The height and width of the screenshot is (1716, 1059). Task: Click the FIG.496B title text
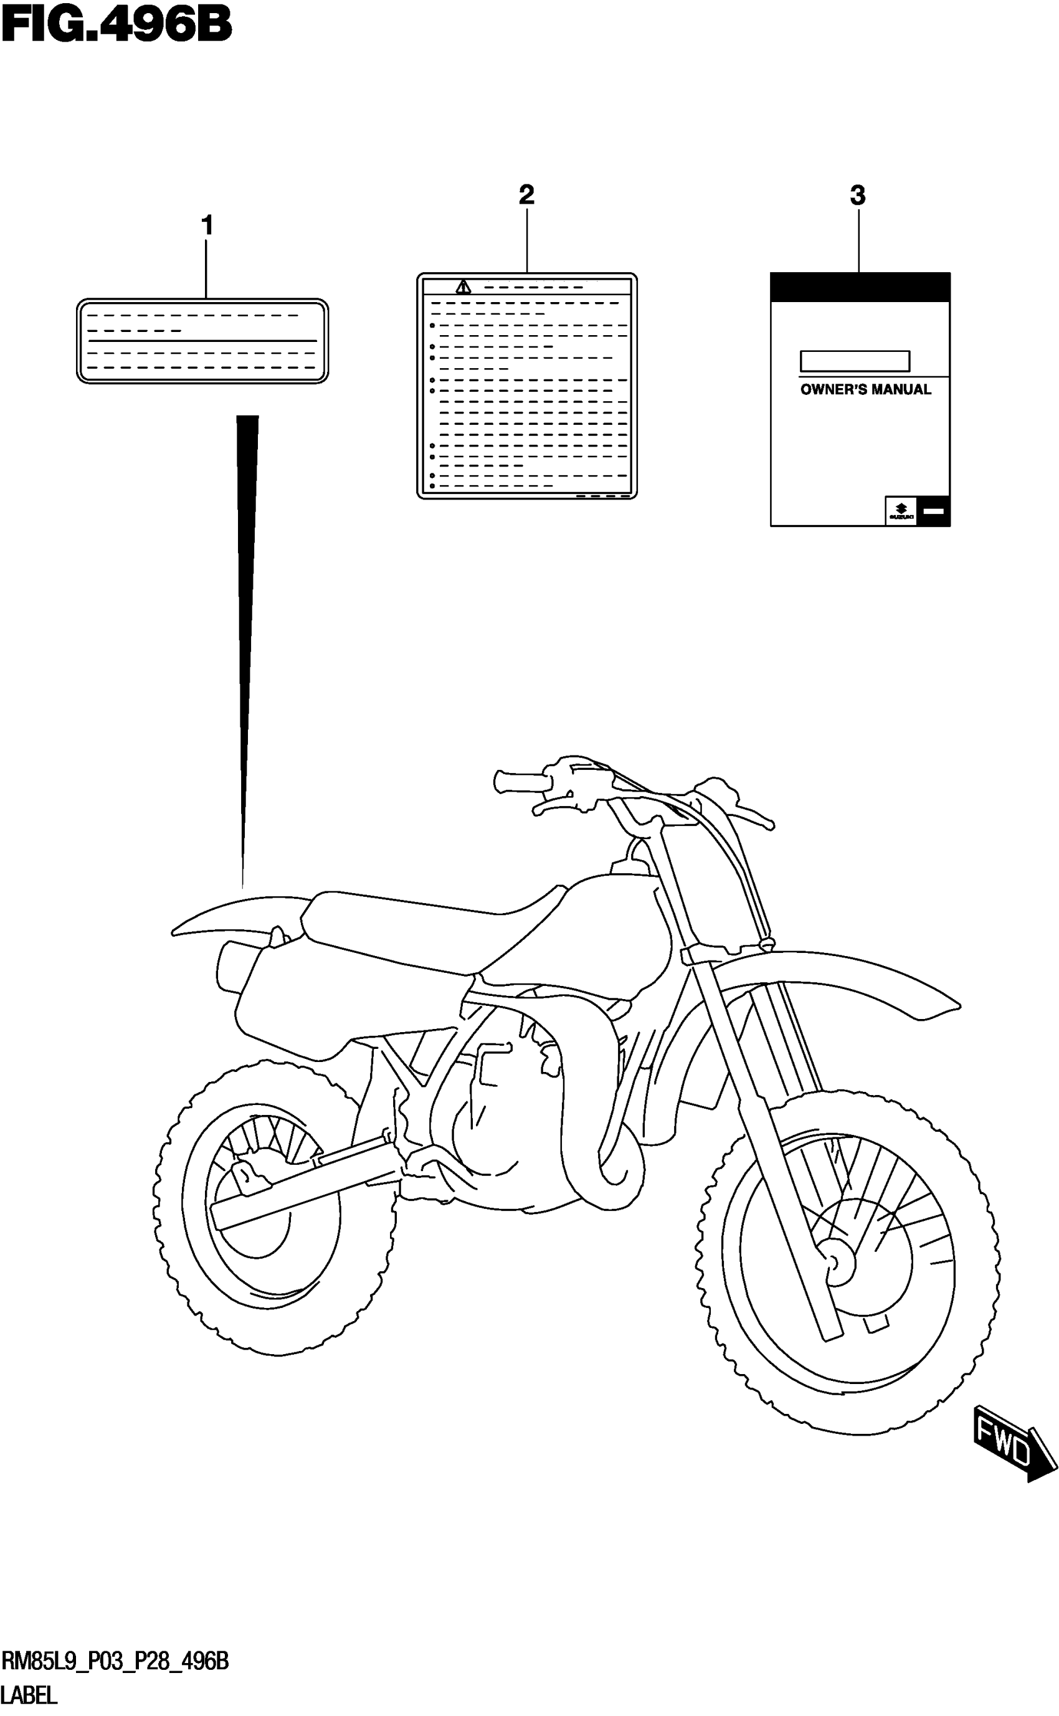coord(116,27)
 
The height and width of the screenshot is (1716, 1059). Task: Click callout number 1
coord(207,225)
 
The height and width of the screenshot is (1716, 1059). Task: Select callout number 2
coord(526,194)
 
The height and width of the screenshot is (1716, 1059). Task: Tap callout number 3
coord(857,196)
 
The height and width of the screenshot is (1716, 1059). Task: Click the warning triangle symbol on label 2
coord(463,287)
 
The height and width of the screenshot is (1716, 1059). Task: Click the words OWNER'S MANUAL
coord(865,390)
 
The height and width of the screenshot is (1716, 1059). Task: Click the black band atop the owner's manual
coord(860,287)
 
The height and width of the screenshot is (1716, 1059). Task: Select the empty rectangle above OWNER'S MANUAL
coord(855,361)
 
